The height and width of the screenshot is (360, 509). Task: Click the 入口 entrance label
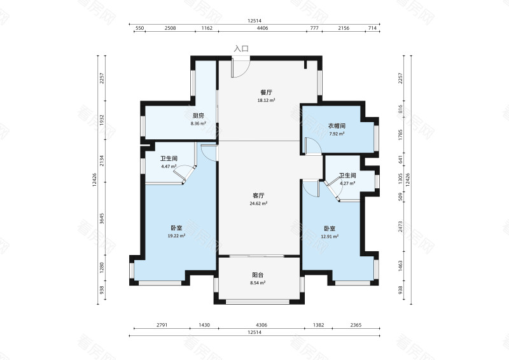[x=241, y=49]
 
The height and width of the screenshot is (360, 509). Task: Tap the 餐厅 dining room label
[x=266, y=92]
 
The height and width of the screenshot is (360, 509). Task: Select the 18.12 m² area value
[x=266, y=100]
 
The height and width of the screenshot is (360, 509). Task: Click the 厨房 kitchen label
[x=199, y=116]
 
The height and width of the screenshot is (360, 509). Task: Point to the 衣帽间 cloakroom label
[x=337, y=126]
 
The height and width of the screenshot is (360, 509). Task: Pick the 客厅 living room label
[x=258, y=196]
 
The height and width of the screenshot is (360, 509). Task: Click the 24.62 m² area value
[x=258, y=204]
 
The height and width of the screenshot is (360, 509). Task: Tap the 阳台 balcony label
[x=258, y=275]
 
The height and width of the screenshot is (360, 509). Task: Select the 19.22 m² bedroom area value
[x=176, y=236]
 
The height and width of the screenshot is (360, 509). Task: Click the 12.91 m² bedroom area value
[x=330, y=237]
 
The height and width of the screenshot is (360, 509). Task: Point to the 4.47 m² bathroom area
[x=169, y=167]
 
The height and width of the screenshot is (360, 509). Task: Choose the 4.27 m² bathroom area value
[x=347, y=183]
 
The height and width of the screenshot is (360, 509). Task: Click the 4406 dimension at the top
[x=262, y=28]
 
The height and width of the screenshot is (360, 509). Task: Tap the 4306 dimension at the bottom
[x=261, y=325]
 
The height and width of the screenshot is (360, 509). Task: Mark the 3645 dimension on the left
[x=102, y=218]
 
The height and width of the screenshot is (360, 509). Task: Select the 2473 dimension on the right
[x=400, y=226]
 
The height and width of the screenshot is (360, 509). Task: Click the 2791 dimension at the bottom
[x=162, y=325]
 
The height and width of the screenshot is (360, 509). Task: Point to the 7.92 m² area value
[x=337, y=134]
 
